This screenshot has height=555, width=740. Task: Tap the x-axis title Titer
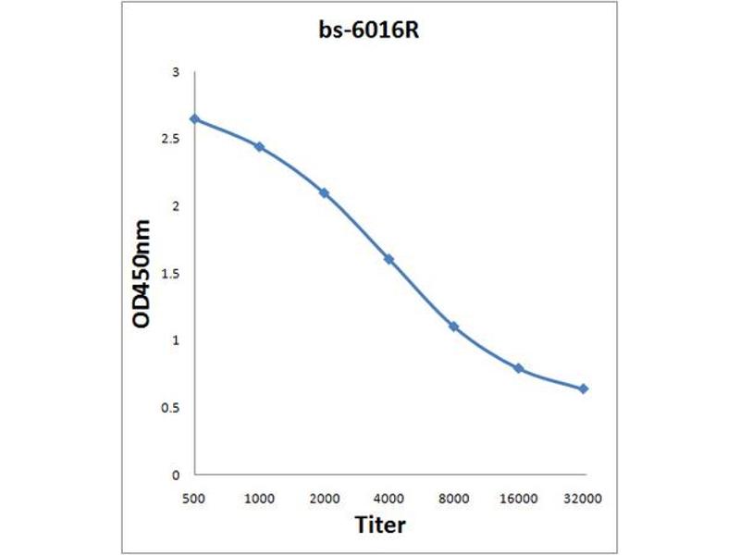(380, 525)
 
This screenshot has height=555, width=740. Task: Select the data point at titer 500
(194, 118)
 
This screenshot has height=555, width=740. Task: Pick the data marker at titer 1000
(260, 147)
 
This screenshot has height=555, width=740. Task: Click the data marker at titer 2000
(324, 192)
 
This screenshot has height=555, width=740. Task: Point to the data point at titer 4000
(388, 259)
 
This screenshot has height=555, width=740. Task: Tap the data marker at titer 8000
(453, 327)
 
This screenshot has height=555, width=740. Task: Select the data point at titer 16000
(519, 368)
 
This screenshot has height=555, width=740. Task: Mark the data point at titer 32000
(584, 388)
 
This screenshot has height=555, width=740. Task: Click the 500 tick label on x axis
(194, 499)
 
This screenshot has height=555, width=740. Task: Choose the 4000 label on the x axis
(388, 499)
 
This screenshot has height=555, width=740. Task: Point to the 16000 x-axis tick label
(519, 499)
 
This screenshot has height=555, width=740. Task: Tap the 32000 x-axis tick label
(584, 499)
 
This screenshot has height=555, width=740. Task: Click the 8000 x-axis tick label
(453, 499)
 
